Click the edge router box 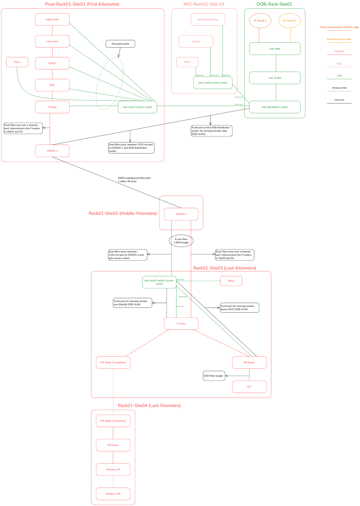52,19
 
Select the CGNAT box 52,63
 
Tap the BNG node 52,85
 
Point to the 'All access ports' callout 120,44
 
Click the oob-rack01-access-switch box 137,107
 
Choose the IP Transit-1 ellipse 260,21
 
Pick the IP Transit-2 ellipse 289,21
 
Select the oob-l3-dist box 275,78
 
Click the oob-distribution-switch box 275,107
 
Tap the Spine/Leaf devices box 208,19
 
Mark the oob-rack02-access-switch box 212,83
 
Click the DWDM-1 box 52,151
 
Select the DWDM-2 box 181,214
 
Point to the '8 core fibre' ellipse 181,241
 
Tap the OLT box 249,387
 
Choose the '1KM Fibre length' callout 214,376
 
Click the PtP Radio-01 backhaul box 113,362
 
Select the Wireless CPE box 113,494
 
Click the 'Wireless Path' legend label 339,88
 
